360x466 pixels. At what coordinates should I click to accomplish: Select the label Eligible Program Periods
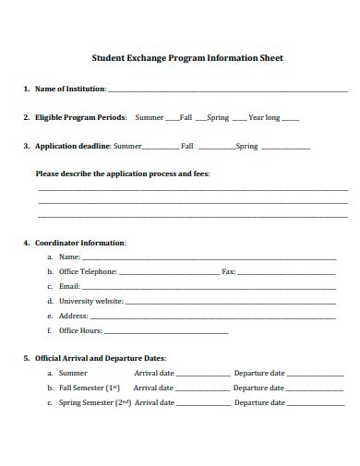(x=80, y=118)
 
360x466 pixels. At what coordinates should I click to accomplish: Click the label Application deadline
(x=73, y=146)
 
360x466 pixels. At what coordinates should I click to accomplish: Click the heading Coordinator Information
(x=80, y=243)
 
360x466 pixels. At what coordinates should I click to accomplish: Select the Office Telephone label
(x=88, y=272)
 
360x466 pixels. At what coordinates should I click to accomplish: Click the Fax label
(x=229, y=272)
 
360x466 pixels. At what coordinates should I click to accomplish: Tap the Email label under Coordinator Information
(x=70, y=287)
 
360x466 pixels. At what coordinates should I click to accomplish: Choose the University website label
(x=90, y=301)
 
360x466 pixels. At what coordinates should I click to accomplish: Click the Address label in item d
(x=73, y=316)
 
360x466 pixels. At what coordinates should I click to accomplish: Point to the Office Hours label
(x=80, y=330)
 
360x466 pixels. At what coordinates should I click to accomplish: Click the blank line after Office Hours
(x=167, y=332)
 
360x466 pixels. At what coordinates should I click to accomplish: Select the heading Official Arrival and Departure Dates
(x=100, y=358)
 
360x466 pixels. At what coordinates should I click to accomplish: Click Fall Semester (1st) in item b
(x=90, y=388)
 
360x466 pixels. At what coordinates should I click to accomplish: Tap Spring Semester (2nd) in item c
(x=94, y=403)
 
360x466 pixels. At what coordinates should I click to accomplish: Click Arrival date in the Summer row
(x=154, y=374)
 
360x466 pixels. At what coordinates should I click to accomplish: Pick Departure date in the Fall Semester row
(x=258, y=388)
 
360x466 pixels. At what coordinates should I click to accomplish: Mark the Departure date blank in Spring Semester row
(x=315, y=405)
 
